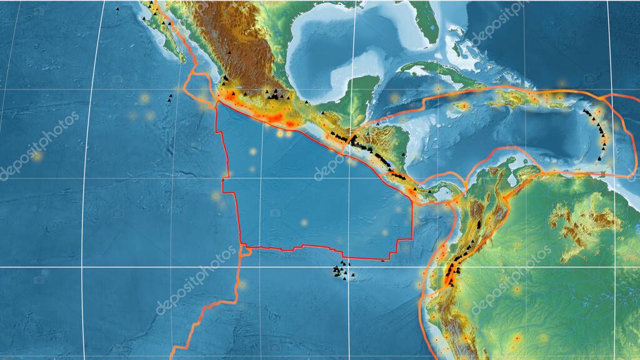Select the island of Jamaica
click(464, 106)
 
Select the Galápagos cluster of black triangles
click(341, 271)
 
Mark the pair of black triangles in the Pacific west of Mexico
click(169, 97)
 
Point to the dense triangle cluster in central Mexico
click(275, 95)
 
